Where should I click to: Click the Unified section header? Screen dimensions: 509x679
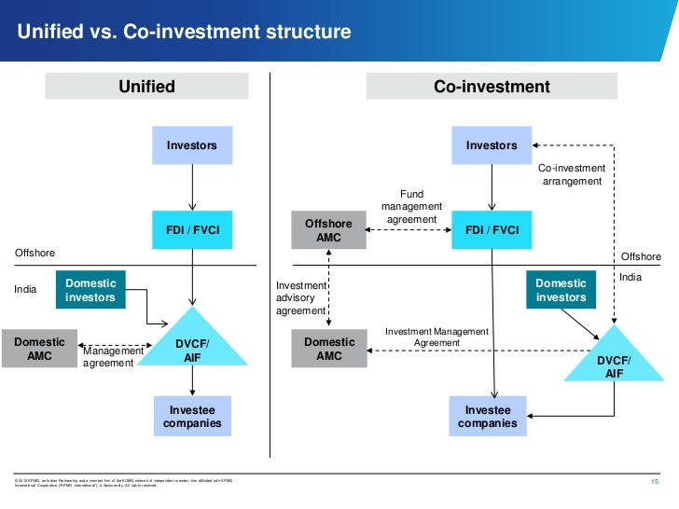(x=146, y=87)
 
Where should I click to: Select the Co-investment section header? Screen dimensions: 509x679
(x=492, y=87)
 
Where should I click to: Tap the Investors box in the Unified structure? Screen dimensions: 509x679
(x=192, y=145)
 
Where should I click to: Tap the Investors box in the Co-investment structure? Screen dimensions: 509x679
(x=492, y=145)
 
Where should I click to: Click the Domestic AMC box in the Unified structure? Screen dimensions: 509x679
(x=39, y=349)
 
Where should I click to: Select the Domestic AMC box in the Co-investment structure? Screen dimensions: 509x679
(x=329, y=349)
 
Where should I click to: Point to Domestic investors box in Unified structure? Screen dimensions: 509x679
(x=90, y=290)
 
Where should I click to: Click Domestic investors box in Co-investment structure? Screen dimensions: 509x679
(x=561, y=290)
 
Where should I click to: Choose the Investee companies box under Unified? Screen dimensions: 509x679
(x=192, y=417)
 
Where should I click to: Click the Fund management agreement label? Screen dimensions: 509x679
(x=411, y=207)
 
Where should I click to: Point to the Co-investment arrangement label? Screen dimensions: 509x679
(x=573, y=174)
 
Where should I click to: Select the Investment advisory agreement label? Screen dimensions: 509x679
(x=301, y=297)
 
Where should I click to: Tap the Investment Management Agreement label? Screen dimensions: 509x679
(x=436, y=337)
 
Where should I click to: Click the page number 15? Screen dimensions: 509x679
(x=653, y=482)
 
